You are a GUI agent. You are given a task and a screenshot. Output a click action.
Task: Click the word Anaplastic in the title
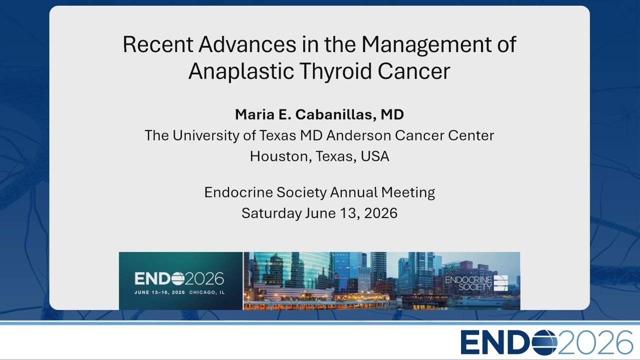241,71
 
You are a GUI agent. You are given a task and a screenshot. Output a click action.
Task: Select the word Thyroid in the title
335,71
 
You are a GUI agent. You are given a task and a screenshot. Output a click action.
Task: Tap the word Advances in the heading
247,44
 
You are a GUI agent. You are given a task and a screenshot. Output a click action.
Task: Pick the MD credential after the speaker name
392,114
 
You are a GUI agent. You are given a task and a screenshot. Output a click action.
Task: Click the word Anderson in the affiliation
359,135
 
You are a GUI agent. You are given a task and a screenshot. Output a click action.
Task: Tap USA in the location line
375,156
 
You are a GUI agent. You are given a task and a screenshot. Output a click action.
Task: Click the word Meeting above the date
408,193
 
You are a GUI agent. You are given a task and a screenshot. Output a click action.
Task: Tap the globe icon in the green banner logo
177,279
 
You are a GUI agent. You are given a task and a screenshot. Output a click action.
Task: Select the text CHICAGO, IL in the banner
207,292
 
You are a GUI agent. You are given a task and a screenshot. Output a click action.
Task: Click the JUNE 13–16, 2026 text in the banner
159,292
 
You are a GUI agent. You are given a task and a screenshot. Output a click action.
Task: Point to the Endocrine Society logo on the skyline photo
476,283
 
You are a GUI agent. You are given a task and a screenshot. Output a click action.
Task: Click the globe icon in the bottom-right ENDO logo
544,342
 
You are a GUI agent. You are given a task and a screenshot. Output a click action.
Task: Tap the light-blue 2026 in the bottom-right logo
595,342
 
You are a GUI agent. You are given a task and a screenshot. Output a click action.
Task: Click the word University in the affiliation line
205,136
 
